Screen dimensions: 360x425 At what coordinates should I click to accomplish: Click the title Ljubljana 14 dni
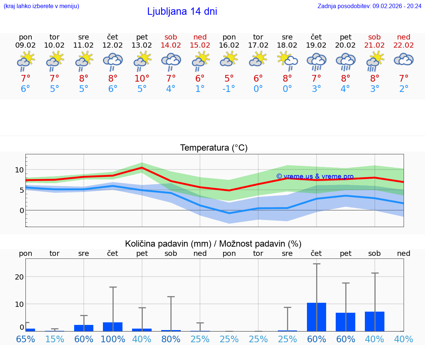pyautogui.click(x=182, y=11)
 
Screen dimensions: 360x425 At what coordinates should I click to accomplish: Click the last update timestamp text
pyautogui.click(x=369, y=6)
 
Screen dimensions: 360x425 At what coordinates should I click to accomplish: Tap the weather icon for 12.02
pyautogui.click(x=113, y=61)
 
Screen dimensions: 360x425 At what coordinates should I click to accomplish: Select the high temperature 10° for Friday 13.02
pyautogui.click(x=142, y=78)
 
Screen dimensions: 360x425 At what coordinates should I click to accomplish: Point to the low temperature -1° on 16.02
pyautogui.click(x=229, y=89)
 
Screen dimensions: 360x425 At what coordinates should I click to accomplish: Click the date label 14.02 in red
pyautogui.click(x=171, y=45)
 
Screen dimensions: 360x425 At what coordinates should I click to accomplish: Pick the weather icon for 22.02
pyautogui.click(x=404, y=60)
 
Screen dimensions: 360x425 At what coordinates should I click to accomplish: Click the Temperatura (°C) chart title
pyautogui.click(x=214, y=148)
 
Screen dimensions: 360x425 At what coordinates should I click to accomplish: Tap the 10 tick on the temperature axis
pyautogui.click(x=19, y=170)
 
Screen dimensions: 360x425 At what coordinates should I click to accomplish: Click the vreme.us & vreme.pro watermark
pyautogui.click(x=315, y=176)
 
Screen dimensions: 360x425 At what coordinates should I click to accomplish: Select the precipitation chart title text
pyautogui.click(x=213, y=244)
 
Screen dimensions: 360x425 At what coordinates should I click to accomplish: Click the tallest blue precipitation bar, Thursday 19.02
pyautogui.click(x=317, y=317)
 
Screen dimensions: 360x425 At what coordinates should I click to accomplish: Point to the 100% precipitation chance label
pyautogui.click(x=113, y=339)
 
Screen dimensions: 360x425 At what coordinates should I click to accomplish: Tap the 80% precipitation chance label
pyautogui.click(x=171, y=339)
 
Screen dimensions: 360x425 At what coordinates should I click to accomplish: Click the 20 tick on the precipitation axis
pyautogui.click(x=19, y=277)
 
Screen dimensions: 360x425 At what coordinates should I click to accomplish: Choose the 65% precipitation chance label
pyautogui.click(x=25, y=339)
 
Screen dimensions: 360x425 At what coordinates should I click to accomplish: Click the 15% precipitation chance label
pyautogui.click(x=55, y=339)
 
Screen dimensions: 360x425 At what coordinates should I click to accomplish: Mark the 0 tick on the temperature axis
pyautogui.click(x=21, y=210)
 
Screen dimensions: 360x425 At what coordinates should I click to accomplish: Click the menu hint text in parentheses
pyautogui.click(x=41, y=6)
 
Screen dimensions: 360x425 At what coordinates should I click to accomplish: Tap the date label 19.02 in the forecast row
pyautogui.click(x=316, y=45)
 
